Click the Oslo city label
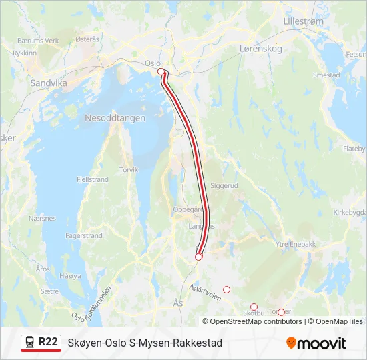[x=153, y=63]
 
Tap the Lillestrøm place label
[x=303, y=21]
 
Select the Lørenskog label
[x=261, y=49]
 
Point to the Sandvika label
[x=49, y=83]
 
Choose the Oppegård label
[x=188, y=209]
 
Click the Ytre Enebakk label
[x=295, y=244]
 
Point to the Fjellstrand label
[x=93, y=180]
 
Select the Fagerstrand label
[x=84, y=236]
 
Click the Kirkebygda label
[x=350, y=212]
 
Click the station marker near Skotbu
[x=254, y=307]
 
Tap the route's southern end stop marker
[x=198, y=257]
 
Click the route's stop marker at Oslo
[x=161, y=71]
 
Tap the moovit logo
[x=316, y=343]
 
